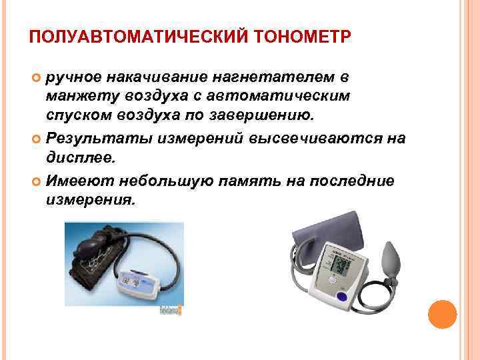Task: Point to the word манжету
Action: (78, 97)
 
